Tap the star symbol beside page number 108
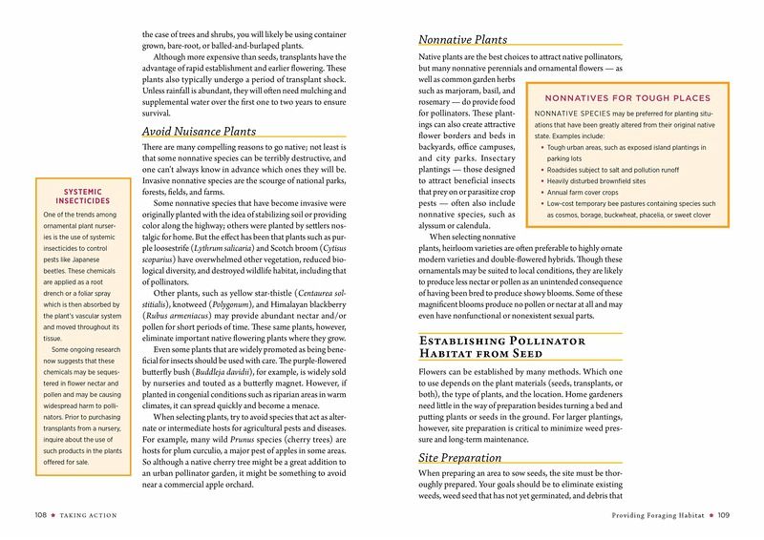(55, 516)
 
